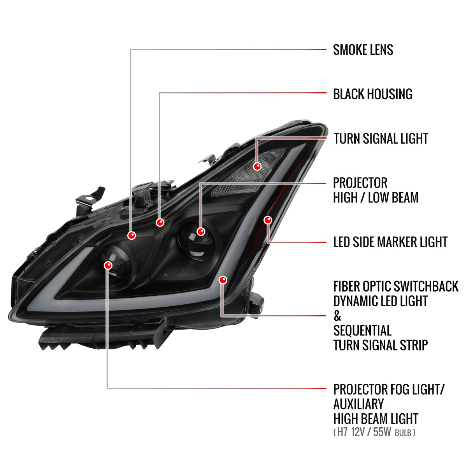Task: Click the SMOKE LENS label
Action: point(363,50)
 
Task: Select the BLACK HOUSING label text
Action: point(372,94)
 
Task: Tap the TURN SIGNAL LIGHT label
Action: point(381,139)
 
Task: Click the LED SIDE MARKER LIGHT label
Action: point(390,242)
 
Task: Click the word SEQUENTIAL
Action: point(362,331)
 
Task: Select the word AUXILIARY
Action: point(358,404)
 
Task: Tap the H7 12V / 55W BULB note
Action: point(374,432)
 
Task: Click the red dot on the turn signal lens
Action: point(257,167)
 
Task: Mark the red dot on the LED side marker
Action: point(268,220)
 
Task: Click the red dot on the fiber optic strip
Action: point(223,280)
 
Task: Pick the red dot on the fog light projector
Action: point(108,265)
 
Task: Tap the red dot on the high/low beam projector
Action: point(201,232)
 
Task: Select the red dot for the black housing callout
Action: point(160,222)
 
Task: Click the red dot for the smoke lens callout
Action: point(132,235)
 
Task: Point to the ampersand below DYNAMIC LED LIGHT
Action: point(337,316)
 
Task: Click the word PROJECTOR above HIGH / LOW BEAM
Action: point(360,183)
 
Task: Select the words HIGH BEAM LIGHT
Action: point(376,419)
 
